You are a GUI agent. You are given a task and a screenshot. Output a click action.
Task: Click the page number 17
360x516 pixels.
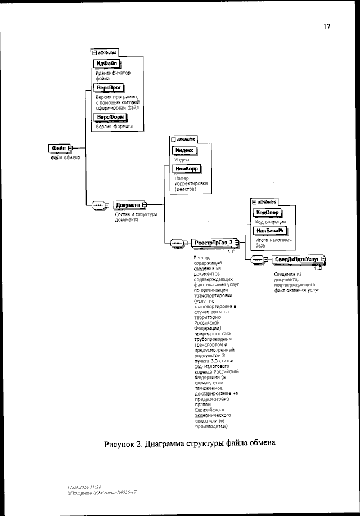(x=326, y=26)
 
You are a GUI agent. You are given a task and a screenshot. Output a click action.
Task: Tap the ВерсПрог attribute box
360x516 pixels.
(x=108, y=87)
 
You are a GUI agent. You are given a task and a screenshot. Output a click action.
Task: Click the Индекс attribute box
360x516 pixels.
(x=184, y=150)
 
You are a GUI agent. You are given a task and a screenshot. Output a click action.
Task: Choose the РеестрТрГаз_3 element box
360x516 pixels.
(x=212, y=243)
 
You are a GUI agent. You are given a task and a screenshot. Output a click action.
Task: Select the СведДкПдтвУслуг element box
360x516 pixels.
(x=296, y=259)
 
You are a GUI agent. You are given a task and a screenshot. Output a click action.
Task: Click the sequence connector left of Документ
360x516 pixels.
(x=97, y=205)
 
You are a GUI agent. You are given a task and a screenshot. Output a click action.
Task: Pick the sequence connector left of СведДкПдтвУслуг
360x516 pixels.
(x=257, y=259)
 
